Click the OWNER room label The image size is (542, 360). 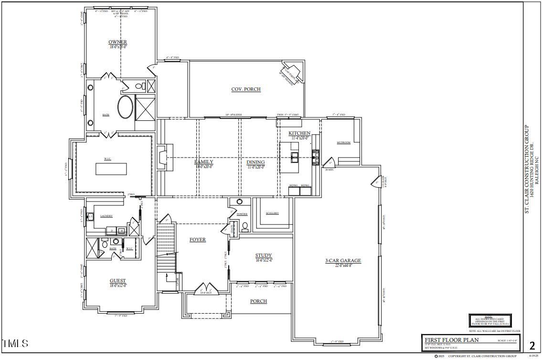117,42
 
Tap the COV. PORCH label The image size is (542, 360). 246,89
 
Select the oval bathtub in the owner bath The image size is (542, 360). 126,107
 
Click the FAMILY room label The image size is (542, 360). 204,162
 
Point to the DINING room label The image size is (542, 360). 255,162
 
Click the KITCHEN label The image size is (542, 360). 299,133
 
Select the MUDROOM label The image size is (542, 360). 343,142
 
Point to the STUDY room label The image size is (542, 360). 263,255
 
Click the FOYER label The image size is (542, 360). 197,240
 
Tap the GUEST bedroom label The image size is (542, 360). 117,281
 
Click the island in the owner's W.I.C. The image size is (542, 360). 111,169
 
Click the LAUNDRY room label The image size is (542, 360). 106,216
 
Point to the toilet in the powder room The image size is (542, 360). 245,225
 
